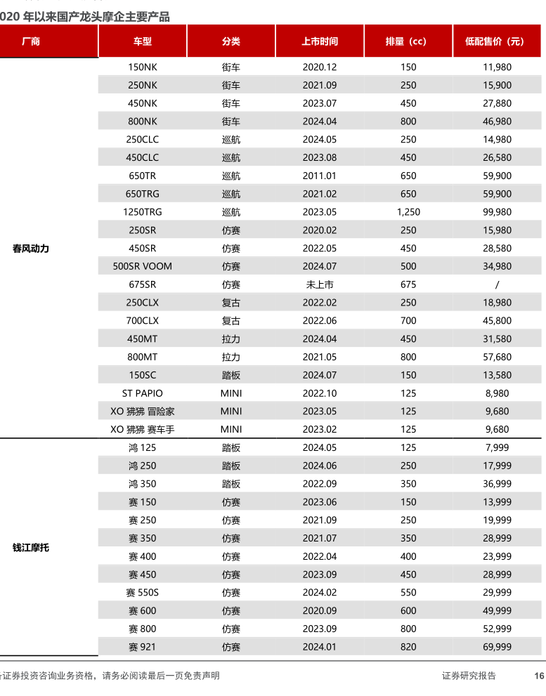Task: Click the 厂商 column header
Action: point(31,41)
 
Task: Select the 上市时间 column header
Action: point(320,41)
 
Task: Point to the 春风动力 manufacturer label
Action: point(31,249)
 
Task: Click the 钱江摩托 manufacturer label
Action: point(31,548)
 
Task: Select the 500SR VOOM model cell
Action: point(142,266)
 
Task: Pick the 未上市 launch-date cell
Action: point(320,284)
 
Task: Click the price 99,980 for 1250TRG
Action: point(498,212)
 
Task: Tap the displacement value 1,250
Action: point(408,212)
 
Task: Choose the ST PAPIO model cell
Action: point(142,393)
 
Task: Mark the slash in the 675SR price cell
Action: point(498,284)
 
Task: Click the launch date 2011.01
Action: point(320,176)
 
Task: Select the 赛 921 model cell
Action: point(142,647)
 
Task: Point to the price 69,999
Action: point(498,647)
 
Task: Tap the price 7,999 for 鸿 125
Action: point(498,447)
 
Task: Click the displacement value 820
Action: point(408,647)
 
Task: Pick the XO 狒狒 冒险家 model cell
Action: point(142,412)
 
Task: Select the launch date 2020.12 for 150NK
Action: point(320,67)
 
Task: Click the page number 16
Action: point(539,676)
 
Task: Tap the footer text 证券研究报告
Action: point(469,676)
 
